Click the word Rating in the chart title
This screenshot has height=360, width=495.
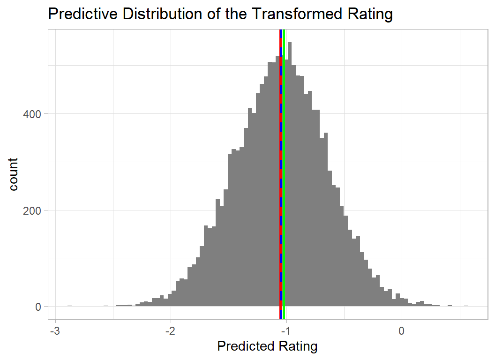[369, 14]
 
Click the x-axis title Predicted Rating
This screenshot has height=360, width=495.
[267, 346]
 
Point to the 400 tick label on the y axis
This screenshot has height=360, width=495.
[32, 114]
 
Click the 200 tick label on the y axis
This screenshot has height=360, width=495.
[32, 210]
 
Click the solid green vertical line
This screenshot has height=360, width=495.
[284, 187]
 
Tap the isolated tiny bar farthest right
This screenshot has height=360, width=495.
[466, 306]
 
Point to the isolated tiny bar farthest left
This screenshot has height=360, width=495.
[69, 306]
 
